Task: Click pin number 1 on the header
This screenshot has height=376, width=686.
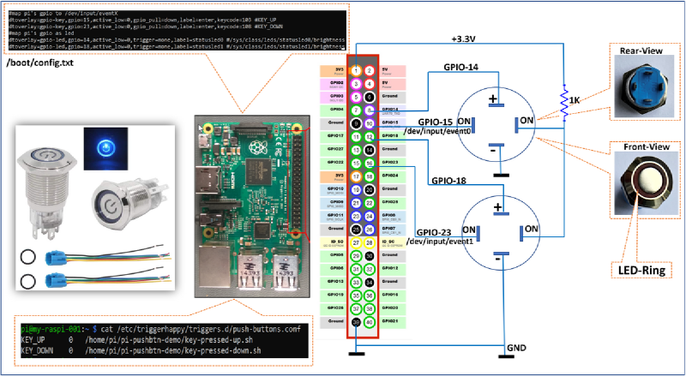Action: [x=355, y=69]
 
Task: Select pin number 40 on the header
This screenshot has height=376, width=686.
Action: [x=370, y=322]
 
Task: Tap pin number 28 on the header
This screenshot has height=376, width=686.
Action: [x=370, y=242]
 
